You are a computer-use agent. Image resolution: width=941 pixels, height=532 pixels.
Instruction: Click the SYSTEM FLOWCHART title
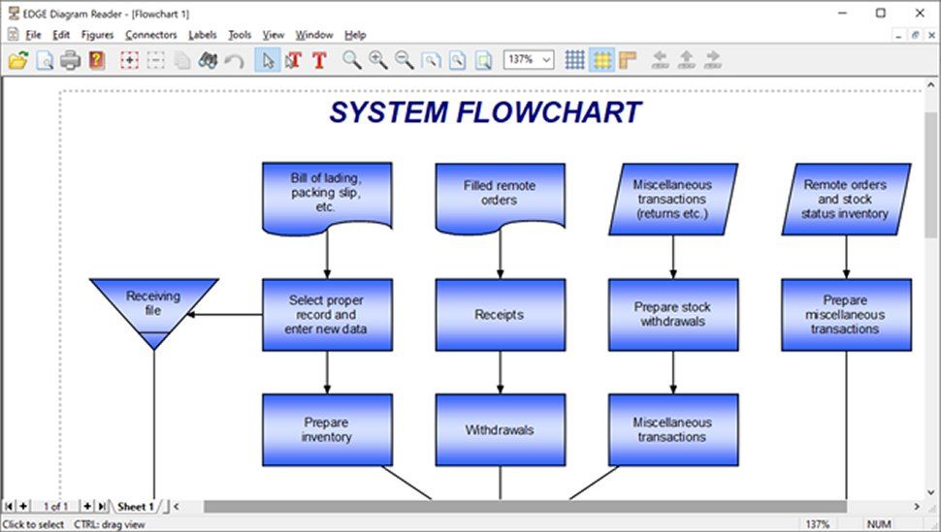[485, 112]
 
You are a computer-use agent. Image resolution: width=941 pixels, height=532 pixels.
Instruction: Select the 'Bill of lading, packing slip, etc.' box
[327, 193]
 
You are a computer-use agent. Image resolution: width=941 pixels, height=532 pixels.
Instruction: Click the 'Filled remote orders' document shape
[500, 193]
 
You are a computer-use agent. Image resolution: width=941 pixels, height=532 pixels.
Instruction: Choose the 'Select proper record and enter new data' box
[327, 315]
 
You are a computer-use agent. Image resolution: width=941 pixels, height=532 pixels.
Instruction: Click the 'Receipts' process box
[500, 315]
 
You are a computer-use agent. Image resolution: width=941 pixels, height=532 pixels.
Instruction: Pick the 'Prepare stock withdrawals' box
[672, 315]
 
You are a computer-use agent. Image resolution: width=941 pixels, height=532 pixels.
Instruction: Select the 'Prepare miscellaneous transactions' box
[846, 315]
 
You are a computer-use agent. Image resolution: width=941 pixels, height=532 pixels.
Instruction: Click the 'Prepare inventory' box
[327, 429]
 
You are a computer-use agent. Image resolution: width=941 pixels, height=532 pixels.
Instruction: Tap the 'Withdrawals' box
[500, 429]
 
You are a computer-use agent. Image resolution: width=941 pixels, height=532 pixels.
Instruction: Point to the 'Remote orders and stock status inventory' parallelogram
[846, 199]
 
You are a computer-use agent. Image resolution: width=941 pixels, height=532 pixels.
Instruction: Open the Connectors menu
[150, 35]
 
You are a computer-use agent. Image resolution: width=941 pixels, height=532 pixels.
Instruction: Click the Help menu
[355, 35]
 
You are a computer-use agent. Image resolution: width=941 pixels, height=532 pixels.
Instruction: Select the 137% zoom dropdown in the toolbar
[528, 59]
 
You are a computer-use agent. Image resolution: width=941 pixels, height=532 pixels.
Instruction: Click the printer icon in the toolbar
[70, 60]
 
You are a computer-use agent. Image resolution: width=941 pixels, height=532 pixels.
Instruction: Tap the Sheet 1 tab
[136, 506]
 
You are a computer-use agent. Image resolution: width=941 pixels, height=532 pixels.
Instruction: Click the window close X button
[918, 13]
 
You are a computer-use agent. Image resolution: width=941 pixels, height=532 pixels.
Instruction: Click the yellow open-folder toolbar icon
[17, 60]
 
